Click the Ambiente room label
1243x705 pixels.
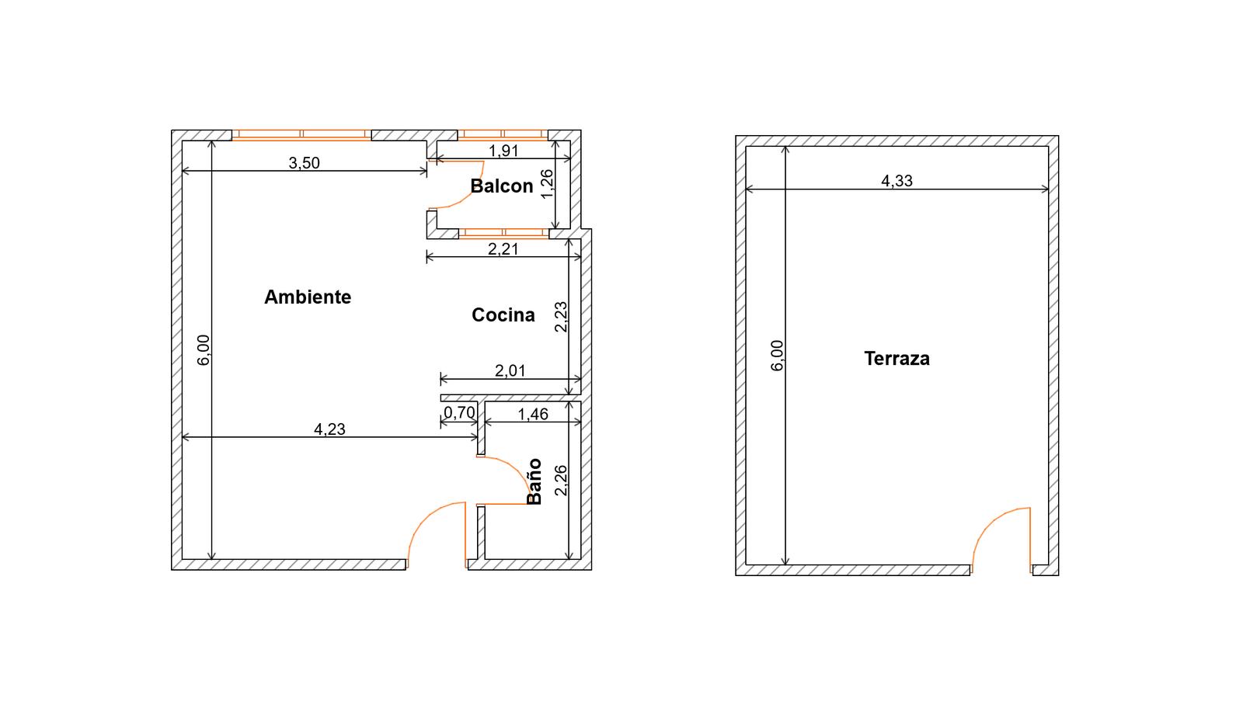pos(308,297)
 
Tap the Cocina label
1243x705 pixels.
pos(503,314)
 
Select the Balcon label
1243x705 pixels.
pos(502,186)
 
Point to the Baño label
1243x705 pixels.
pos(534,481)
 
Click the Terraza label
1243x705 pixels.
pos(897,359)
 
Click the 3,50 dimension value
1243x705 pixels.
pos(304,162)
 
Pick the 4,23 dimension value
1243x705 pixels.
pos(329,429)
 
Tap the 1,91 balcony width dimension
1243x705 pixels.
pos(503,151)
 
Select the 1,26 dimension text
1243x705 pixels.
pos(547,183)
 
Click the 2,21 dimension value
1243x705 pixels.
pos(503,249)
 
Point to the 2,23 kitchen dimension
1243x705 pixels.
pos(561,317)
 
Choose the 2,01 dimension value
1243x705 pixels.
pos(510,370)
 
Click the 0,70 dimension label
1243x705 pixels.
pos(459,412)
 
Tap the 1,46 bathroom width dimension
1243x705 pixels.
pos(533,414)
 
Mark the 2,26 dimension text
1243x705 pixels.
pos(561,481)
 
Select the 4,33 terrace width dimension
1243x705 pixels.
pos(897,180)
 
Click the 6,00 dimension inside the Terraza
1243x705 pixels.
pos(778,356)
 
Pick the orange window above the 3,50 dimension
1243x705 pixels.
pos(301,135)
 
